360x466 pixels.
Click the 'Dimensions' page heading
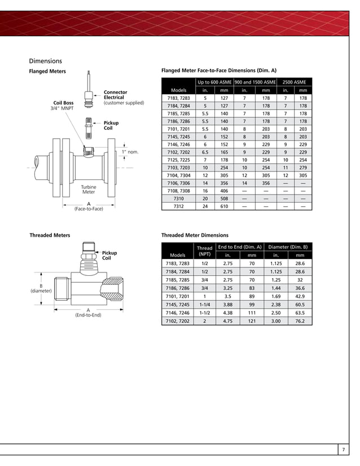tap(45, 60)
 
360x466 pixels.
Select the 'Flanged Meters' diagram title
tap(47, 72)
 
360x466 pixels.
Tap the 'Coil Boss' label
tap(63, 103)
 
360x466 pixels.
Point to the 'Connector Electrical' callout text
tap(115, 95)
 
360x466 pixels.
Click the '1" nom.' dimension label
tap(129, 152)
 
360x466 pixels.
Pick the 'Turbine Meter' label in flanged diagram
tap(89, 189)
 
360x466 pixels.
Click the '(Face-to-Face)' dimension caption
tap(89, 209)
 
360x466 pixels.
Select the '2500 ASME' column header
tap(294, 82)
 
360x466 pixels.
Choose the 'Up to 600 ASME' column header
tap(214, 82)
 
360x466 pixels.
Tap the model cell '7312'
tap(178, 206)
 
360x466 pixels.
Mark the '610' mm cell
tap(224, 206)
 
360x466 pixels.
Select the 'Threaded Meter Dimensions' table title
tap(195, 235)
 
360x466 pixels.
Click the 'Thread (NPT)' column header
tap(204, 251)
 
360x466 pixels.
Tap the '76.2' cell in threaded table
tap(300, 321)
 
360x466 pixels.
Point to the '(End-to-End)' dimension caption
tap(88, 315)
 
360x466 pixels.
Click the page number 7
tap(344, 450)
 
